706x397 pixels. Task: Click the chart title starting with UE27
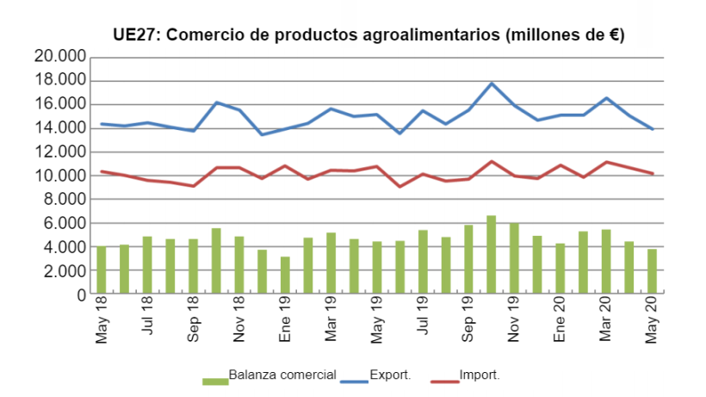pos(368,35)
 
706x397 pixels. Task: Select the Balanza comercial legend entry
pos(282,375)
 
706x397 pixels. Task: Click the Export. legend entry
pos(389,375)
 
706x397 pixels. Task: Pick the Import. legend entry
pos(480,375)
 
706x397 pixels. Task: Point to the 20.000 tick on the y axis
pos(60,57)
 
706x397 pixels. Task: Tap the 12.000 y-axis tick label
pos(60,152)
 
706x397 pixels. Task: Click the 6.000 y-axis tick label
pos(64,223)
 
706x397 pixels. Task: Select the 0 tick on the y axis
pos(82,295)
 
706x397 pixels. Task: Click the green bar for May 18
pos(102,270)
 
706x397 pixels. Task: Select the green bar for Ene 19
pos(285,276)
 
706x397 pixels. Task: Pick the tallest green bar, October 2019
pos(492,255)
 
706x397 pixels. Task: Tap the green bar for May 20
pos(653,272)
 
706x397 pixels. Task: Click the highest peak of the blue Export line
pos(492,84)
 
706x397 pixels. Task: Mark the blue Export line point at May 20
pos(653,129)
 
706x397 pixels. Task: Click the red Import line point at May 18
pos(102,171)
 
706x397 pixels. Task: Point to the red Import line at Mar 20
pos(606,162)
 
